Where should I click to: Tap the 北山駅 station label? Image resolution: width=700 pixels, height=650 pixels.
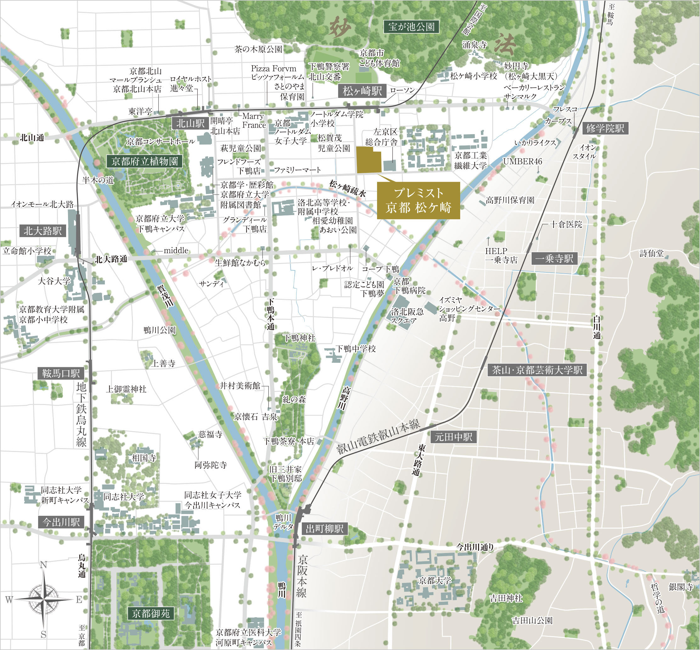pos(190,123)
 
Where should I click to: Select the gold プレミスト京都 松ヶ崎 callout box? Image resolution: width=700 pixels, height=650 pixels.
pos(418,201)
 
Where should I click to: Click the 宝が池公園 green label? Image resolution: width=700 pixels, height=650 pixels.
pos(411,27)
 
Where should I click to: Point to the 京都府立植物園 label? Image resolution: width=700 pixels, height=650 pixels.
pos(144,162)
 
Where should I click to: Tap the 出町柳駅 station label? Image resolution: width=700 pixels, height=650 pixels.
pos(324,529)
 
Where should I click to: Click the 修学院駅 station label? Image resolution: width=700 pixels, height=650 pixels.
pos(605,128)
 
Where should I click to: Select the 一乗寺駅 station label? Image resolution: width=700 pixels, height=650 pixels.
pos(554,259)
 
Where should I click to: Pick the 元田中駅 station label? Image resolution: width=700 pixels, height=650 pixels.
pos(453,437)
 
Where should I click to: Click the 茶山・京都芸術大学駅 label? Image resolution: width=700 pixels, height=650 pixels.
pos(537,370)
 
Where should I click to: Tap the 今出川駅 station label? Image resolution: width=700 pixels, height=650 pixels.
pos(61,522)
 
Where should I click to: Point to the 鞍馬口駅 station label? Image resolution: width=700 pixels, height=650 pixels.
pos(61,373)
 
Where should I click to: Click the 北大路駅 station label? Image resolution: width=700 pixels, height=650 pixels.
pos(42,231)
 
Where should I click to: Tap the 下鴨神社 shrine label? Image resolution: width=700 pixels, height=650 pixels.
pos(299,338)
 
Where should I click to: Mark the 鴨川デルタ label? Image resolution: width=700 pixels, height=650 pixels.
pos(283,522)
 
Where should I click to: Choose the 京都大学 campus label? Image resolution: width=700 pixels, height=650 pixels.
pos(435,581)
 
